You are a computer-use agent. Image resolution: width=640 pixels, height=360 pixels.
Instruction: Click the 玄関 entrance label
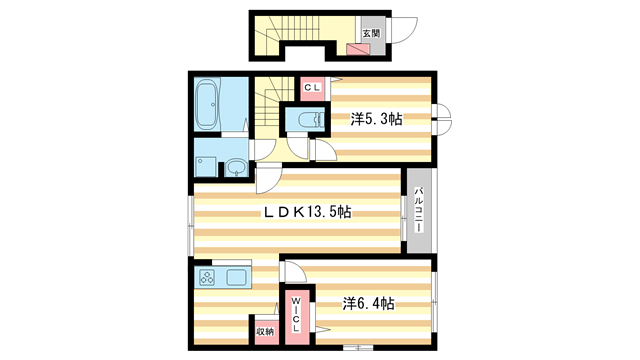pyautogui.click(x=371, y=33)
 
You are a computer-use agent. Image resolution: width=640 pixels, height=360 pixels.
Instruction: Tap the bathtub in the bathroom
pyautogui.click(x=207, y=103)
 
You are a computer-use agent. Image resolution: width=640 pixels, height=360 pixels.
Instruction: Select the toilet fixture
pyautogui.click(x=311, y=120)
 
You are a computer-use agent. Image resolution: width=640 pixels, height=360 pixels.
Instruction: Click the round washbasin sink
pyautogui.click(x=236, y=167)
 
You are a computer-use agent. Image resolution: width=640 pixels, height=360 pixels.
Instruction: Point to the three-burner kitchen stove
pyautogui.click(x=207, y=278)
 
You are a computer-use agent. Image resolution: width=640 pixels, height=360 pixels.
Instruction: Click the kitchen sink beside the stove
pyautogui.click(x=236, y=278)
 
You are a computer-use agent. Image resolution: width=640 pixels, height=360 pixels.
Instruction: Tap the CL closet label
pyautogui.click(x=313, y=87)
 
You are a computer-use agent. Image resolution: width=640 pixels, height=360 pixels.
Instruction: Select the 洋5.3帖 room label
pyautogui.click(x=376, y=119)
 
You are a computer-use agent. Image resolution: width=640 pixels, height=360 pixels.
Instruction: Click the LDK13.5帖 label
pyautogui.click(x=307, y=212)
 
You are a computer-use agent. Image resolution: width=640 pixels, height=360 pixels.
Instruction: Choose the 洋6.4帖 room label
pyautogui.click(x=368, y=304)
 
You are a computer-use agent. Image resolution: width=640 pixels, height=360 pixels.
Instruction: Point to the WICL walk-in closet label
pyautogui.click(x=296, y=314)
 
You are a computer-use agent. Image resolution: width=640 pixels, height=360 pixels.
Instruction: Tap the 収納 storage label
pyautogui.click(x=265, y=331)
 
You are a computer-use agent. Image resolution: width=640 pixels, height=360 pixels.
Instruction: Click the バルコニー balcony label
pyautogui.click(x=418, y=210)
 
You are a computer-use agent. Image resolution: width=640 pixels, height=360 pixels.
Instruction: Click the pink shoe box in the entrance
pyautogui.click(x=358, y=49)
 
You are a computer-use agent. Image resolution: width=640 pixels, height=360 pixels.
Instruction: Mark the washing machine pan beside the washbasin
pyautogui.click(x=206, y=167)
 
